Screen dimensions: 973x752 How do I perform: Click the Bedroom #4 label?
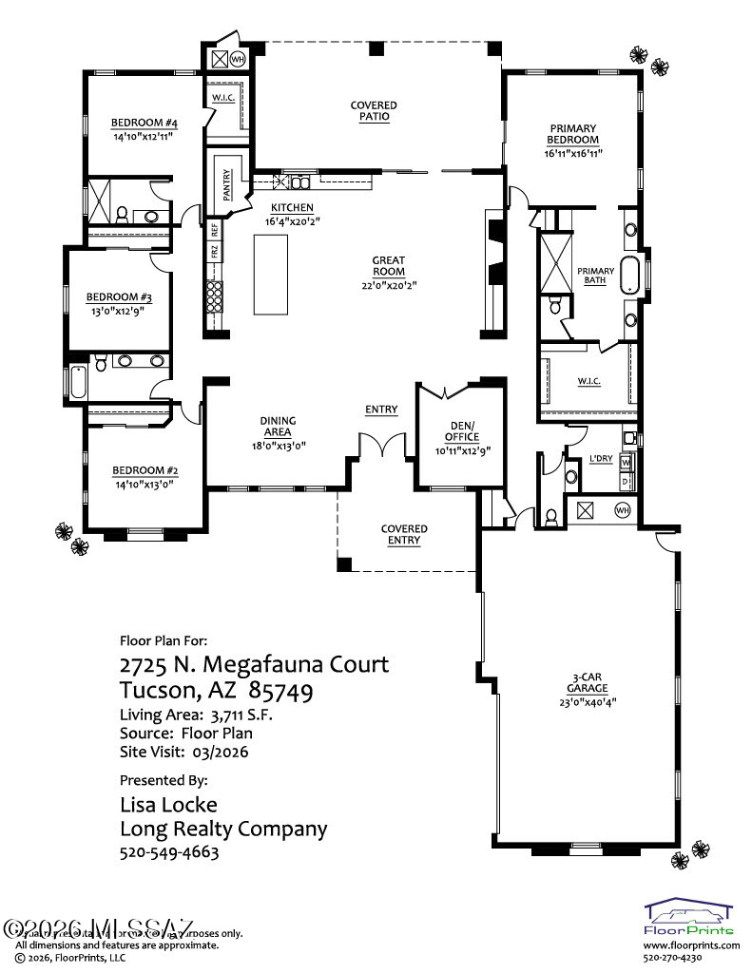(145, 123)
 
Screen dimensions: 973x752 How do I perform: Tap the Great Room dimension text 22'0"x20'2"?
(388, 284)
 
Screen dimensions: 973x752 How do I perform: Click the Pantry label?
(227, 183)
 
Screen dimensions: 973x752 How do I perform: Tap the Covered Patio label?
(374, 110)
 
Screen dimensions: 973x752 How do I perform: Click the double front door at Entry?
(380, 445)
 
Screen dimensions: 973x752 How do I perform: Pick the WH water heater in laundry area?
(623, 510)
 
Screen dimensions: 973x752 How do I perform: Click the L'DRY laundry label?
(601, 459)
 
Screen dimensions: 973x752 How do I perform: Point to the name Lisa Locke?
(168, 805)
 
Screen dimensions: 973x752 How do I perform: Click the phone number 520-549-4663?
(169, 852)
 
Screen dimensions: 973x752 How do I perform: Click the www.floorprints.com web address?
(691, 945)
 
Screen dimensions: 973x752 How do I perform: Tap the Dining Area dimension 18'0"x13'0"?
(279, 445)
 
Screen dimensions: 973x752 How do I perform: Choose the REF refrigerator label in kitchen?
(215, 229)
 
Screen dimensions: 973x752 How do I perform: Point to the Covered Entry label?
(404, 534)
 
